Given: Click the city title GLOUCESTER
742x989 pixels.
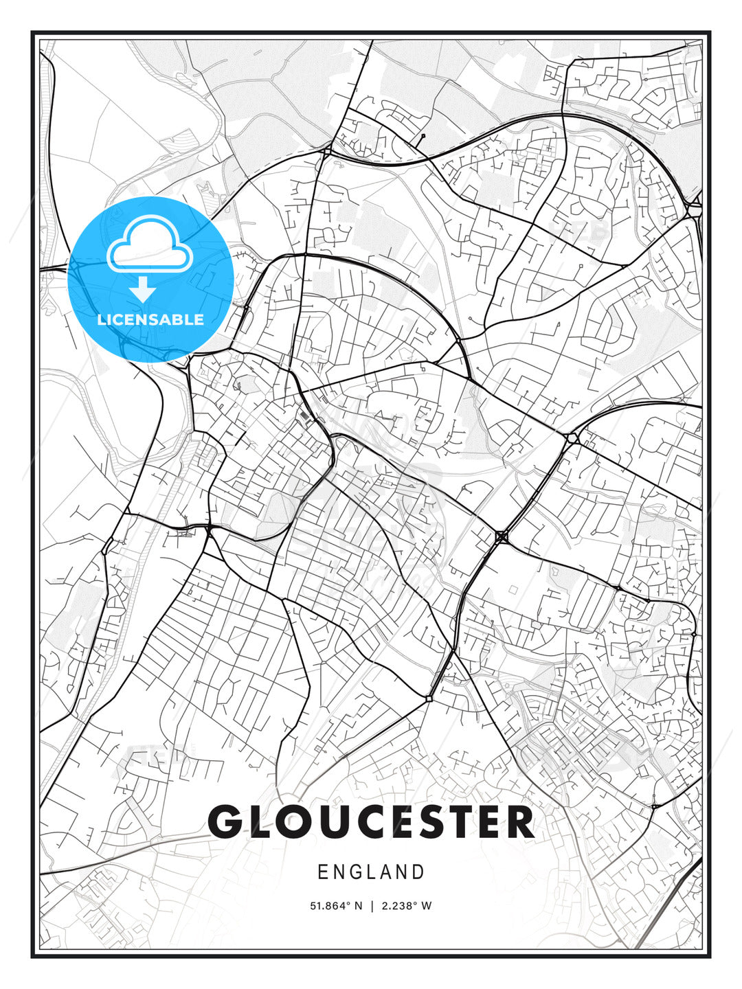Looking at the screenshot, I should (x=371, y=821).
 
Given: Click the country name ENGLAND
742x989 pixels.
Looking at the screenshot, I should (x=371, y=872).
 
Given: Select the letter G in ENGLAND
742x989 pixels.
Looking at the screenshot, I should (x=357, y=872).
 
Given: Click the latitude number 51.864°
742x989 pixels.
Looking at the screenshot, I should (x=330, y=906).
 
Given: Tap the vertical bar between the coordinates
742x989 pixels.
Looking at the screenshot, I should (x=372, y=906).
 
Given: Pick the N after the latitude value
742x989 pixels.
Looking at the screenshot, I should (x=358, y=906).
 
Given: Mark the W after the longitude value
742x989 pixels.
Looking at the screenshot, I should (x=427, y=906).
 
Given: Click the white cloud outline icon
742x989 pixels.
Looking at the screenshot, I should (x=149, y=246).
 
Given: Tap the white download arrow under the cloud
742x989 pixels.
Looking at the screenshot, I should (x=143, y=289).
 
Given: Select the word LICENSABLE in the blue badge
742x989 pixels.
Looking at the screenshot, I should (x=150, y=319).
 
